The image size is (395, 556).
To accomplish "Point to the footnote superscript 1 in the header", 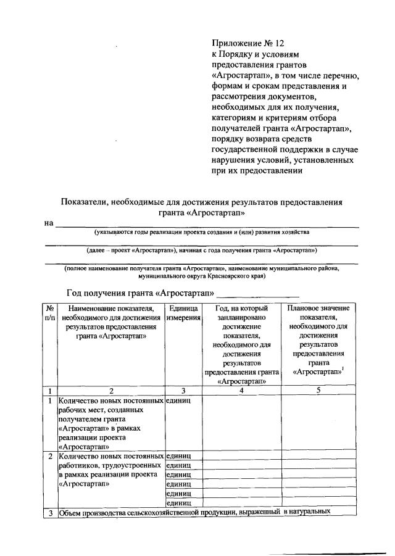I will click(x=343, y=369).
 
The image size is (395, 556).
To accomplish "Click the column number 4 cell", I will click(x=241, y=390).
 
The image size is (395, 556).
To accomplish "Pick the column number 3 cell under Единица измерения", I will click(x=183, y=390).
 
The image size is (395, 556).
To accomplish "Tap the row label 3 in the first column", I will click(x=50, y=512).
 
